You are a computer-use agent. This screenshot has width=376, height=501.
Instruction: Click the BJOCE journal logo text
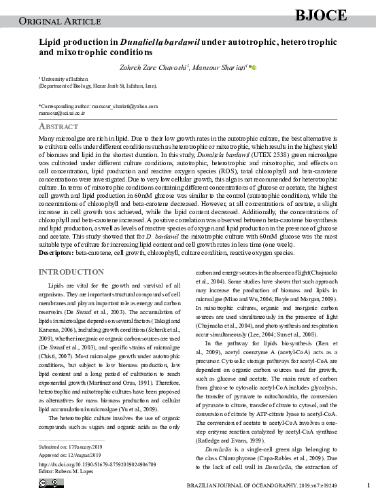[322, 15]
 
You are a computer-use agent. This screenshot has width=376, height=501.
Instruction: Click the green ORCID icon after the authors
[254, 67]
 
